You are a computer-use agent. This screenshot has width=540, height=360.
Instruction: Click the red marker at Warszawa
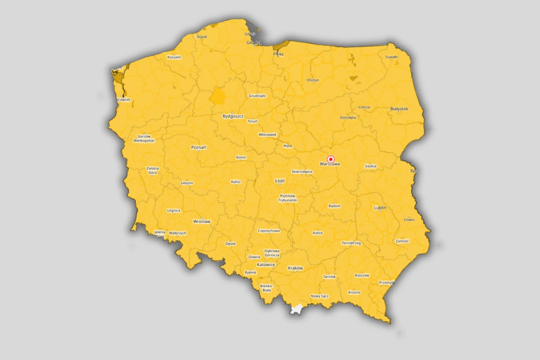tap(331, 159)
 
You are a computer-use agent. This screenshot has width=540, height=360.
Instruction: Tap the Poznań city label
tap(198, 147)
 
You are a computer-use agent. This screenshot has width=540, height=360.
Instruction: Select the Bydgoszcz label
tap(233, 116)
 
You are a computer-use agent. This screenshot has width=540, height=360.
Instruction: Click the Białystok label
tap(399, 109)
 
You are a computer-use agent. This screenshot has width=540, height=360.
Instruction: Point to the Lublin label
tap(380, 207)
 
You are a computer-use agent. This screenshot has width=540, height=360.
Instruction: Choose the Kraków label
tap(295, 268)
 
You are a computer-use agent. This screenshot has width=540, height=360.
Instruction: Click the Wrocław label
tap(202, 221)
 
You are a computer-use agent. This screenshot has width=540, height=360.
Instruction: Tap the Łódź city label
tap(280, 181)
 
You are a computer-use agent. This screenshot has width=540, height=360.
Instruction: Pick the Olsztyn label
tap(313, 80)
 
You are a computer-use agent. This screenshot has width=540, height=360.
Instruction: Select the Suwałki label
tap(391, 57)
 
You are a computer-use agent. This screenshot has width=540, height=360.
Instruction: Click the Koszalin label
tap(174, 57)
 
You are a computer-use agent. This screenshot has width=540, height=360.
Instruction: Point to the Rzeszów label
tap(362, 275)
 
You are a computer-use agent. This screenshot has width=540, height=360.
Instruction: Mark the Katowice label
tap(266, 265)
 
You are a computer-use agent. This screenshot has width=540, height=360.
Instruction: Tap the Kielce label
tap(317, 233)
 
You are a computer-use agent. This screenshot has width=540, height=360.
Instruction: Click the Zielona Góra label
tap(153, 170)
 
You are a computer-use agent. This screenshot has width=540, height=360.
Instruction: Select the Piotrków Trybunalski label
tap(287, 198)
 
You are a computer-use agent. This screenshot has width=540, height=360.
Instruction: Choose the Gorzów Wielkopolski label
tap(144, 138)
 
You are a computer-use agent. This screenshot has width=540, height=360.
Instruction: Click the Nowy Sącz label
tap(319, 296)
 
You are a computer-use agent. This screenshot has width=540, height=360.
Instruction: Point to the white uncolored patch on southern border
tap(296, 309)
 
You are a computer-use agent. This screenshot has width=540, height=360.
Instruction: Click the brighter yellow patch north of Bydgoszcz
tap(218, 96)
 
